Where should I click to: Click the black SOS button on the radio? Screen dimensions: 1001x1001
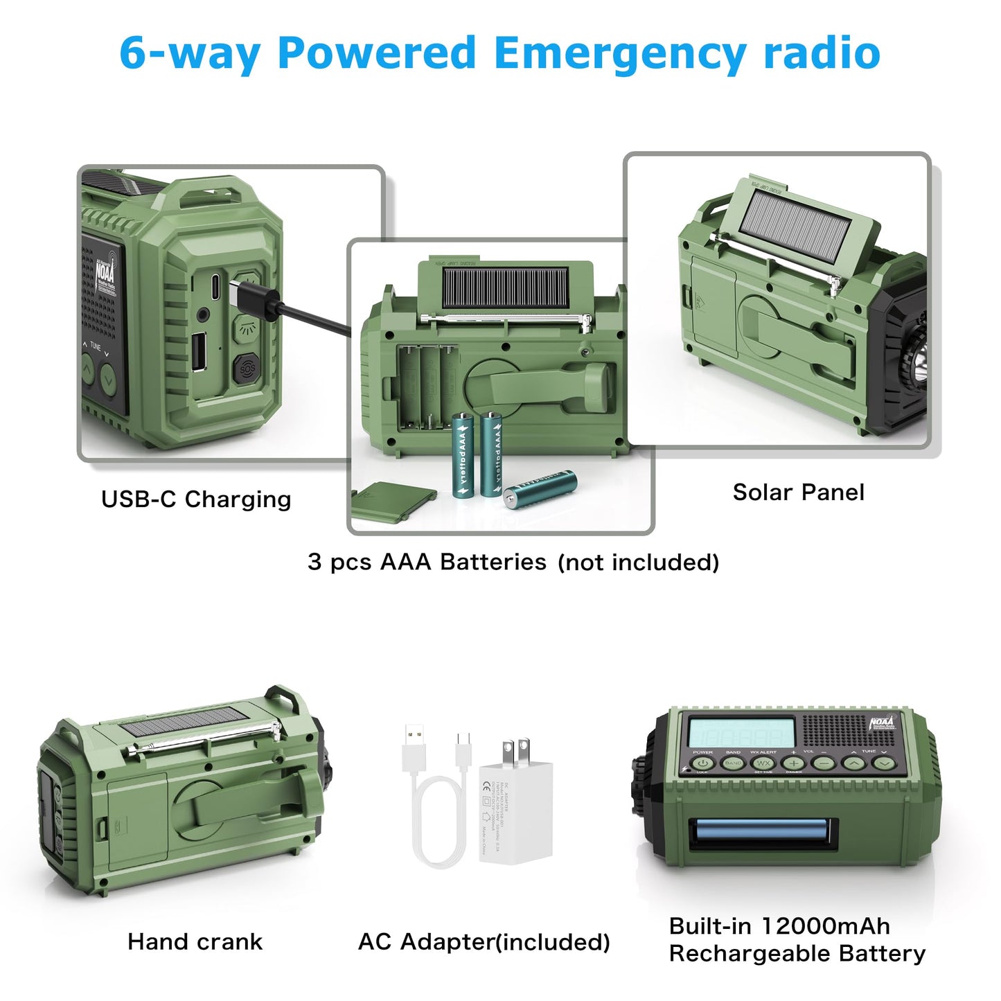pos(247,369)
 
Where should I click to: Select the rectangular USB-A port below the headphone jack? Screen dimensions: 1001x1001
pos(197,351)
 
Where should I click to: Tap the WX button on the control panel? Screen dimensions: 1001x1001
pos(763,763)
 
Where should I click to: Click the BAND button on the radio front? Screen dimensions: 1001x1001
pos(733,763)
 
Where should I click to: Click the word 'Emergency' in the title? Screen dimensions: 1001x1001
pos(619,53)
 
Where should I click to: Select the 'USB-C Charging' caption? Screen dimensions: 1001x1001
pos(196,499)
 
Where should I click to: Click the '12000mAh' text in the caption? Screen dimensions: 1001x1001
pos(825,926)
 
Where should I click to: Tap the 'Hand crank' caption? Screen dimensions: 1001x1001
pos(195,942)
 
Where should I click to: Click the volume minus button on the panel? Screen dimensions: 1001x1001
pos(824,763)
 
